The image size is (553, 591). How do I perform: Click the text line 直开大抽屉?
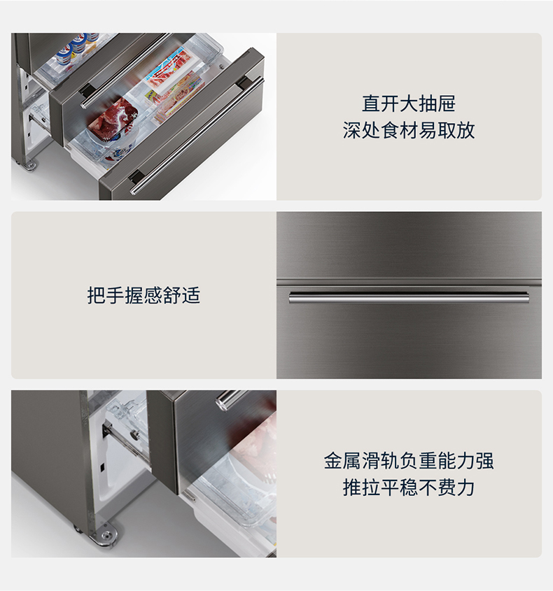[409, 104]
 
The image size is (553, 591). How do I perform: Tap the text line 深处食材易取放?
[409, 130]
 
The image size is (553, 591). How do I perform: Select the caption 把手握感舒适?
[143, 295]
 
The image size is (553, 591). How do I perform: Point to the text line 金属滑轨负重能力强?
[409, 461]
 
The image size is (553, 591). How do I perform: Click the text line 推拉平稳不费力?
[409, 487]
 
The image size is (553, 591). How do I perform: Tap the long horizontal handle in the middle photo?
[409, 297]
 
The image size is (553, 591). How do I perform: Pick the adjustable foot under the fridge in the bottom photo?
[106, 534]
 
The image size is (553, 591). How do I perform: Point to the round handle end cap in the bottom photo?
[223, 400]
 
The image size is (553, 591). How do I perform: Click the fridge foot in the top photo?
[30, 165]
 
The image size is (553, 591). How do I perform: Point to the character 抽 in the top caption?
[428, 104]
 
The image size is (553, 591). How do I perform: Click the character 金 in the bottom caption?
[333, 461]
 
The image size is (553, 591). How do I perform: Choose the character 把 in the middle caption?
[96, 295]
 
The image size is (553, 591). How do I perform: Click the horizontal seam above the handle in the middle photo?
[409, 282]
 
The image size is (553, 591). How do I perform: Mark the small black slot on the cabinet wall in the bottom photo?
[101, 468]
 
